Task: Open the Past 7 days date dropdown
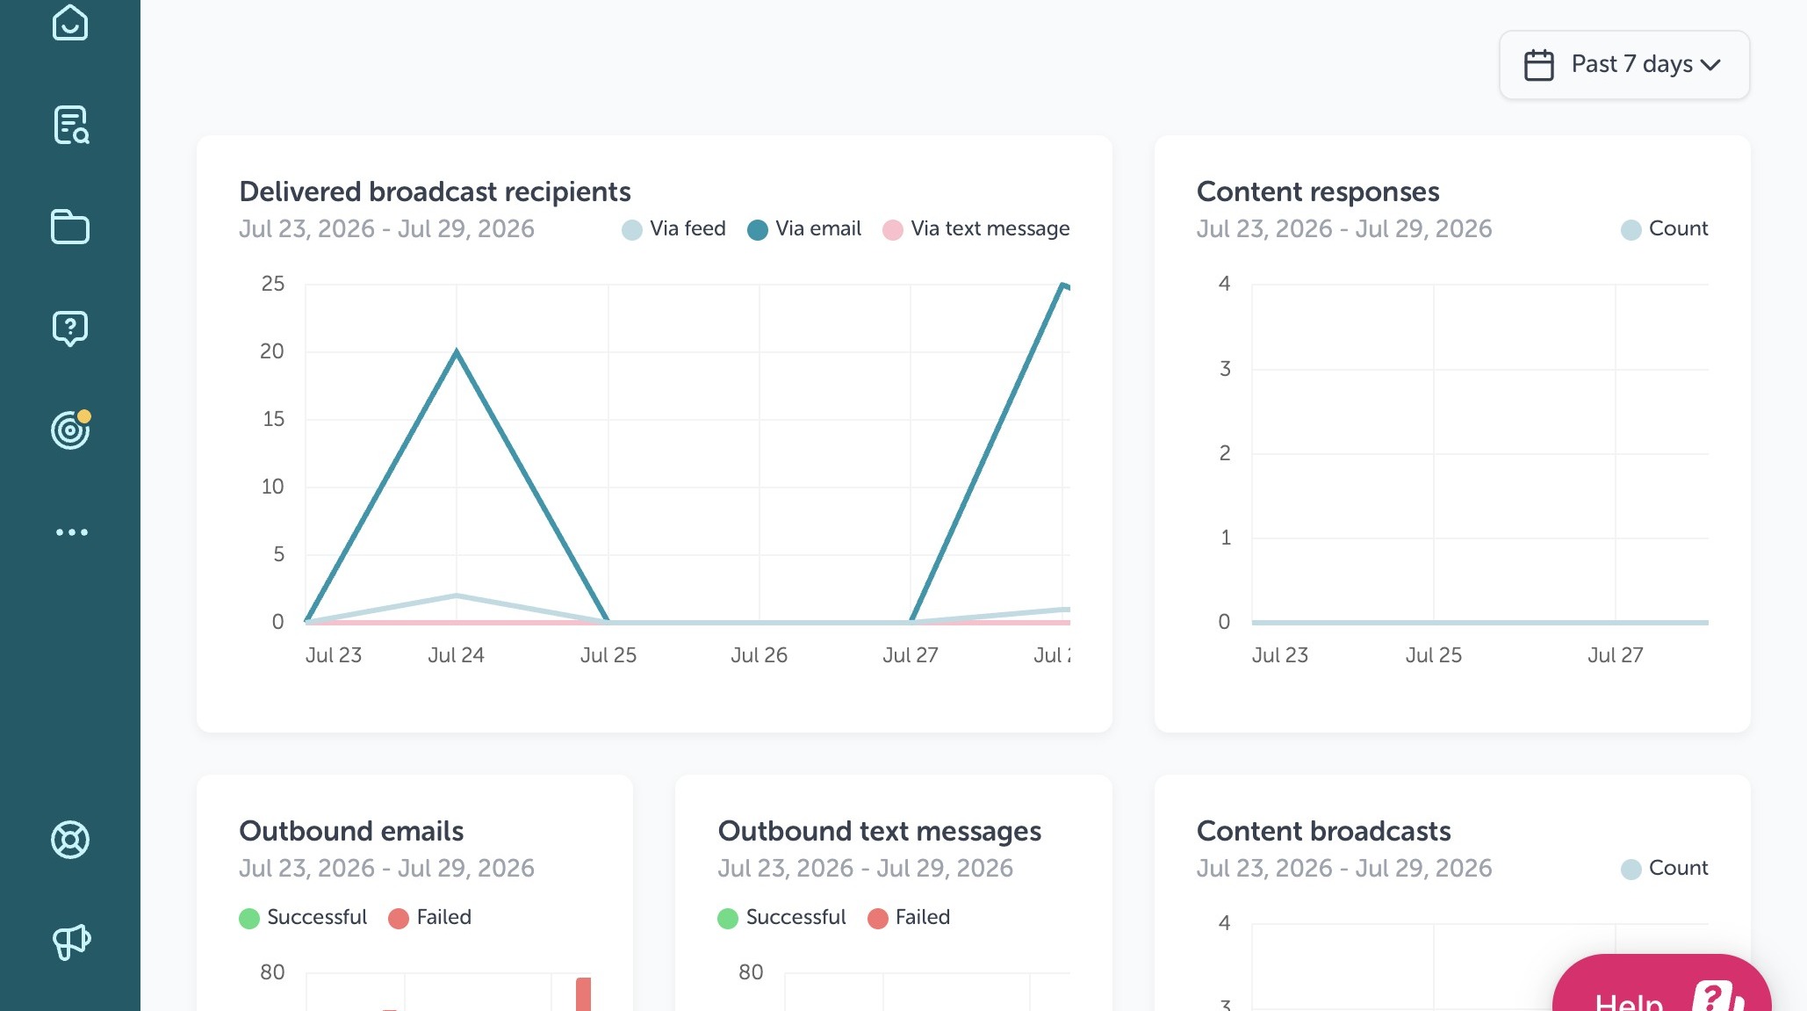(x=1623, y=65)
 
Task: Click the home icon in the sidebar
(x=70, y=23)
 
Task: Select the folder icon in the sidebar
(x=70, y=227)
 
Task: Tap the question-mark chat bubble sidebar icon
(x=70, y=329)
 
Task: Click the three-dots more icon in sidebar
(x=71, y=532)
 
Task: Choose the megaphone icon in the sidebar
(x=71, y=942)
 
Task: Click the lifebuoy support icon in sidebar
(x=70, y=840)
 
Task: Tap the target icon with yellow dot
(x=71, y=430)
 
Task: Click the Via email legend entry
(x=804, y=229)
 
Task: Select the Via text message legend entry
(x=976, y=229)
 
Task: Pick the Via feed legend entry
(x=673, y=229)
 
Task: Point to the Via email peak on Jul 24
(x=457, y=351)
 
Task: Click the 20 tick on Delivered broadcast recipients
(x=272, y=351)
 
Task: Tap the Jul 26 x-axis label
(x=760, y=655)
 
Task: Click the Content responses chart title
(x=1318, y=191)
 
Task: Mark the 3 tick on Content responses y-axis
(x=1225, y=369)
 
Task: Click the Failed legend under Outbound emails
(x=430, y=918)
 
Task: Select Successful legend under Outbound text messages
(x=781, y=918)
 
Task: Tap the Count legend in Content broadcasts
(x=1665, y=869)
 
